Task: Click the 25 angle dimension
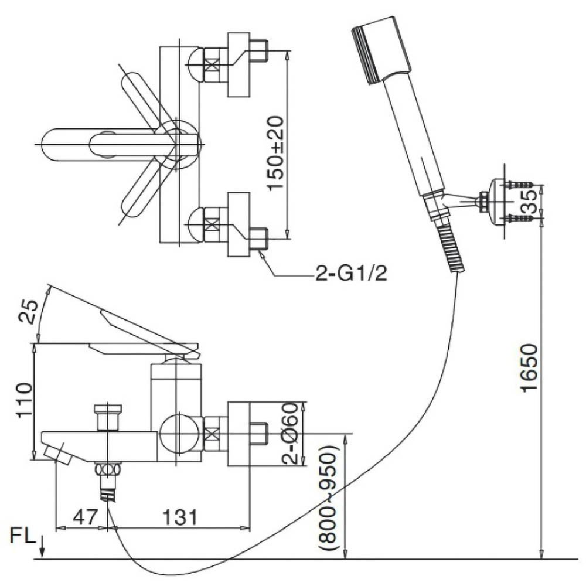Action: coord(27,311)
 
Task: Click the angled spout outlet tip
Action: coord(57,454)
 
